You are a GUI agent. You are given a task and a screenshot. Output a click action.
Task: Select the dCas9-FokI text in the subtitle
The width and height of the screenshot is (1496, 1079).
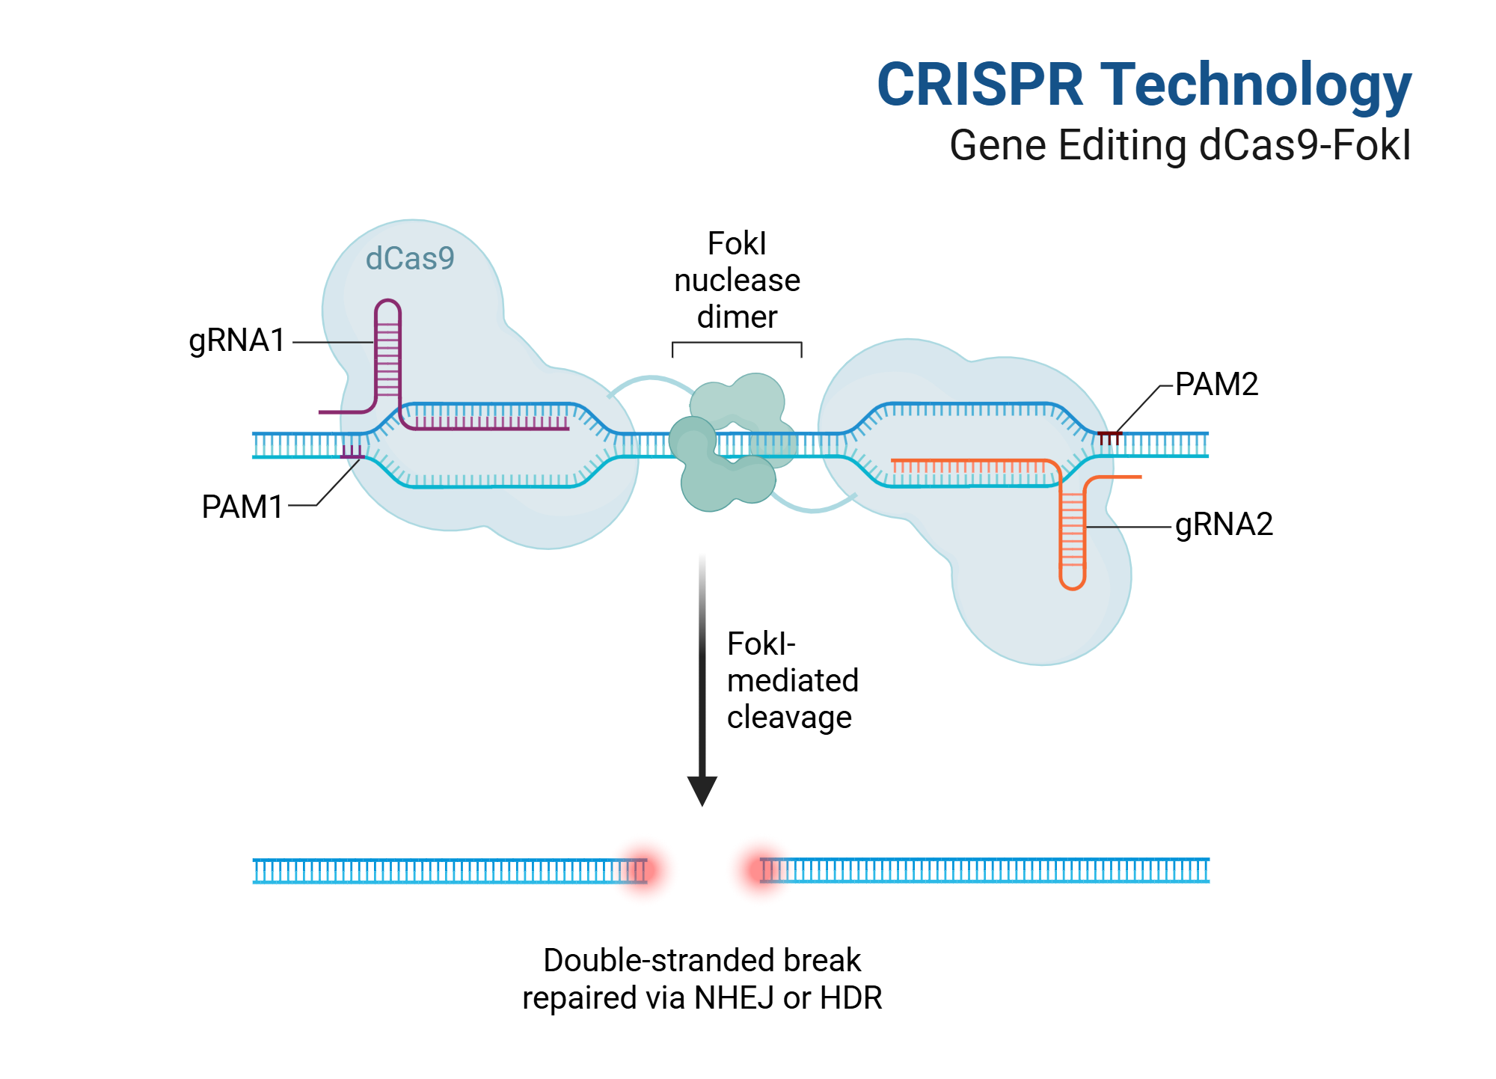[1305, 145]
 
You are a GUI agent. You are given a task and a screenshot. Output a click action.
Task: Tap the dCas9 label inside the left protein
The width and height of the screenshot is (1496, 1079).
[410, 259]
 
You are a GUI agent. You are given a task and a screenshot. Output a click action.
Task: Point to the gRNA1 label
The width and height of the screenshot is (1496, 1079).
[237, 341]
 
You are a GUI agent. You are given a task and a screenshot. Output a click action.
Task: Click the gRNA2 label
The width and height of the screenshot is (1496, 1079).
[1224, 525]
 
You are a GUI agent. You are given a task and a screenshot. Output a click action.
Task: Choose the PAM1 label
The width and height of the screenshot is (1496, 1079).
[242, 507]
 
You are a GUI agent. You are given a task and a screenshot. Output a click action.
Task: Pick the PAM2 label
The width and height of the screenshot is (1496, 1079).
[1216, 385]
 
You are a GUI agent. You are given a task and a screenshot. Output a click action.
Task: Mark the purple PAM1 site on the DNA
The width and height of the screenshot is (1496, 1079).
[352, 452]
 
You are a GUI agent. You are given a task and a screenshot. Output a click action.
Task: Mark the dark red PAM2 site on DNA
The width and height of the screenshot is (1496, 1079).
[1110, 437]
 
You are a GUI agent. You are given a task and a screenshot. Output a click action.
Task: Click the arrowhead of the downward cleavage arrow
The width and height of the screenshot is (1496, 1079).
[702, 790]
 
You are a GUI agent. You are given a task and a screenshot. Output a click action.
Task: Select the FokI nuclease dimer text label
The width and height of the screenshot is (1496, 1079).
[737, 281]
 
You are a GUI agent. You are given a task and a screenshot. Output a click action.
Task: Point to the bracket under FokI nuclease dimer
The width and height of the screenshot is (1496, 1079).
[737, 343]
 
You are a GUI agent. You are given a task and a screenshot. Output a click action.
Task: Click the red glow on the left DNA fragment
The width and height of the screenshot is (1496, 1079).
[641, 870]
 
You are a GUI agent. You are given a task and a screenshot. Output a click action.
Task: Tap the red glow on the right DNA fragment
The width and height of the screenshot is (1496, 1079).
[762, 869]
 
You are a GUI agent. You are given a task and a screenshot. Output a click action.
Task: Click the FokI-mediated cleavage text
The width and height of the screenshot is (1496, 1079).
[793, 681]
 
